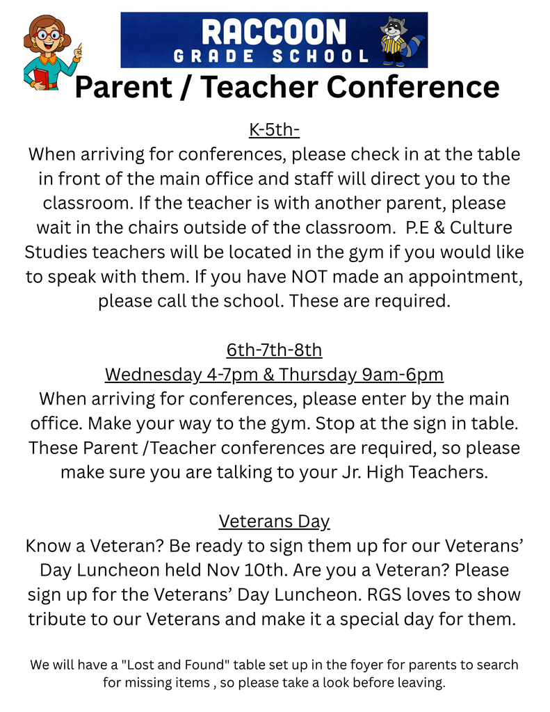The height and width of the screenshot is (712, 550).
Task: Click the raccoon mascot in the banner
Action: [395, 40]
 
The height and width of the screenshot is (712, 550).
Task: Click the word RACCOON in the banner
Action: [273, 32]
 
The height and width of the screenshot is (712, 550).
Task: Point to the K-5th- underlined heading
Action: [274, 130]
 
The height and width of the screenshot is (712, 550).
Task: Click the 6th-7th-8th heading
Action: [274, 349]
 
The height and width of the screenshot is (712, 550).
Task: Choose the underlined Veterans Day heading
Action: [274, 521]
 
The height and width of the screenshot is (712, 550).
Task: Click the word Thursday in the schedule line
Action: [318, 375]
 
